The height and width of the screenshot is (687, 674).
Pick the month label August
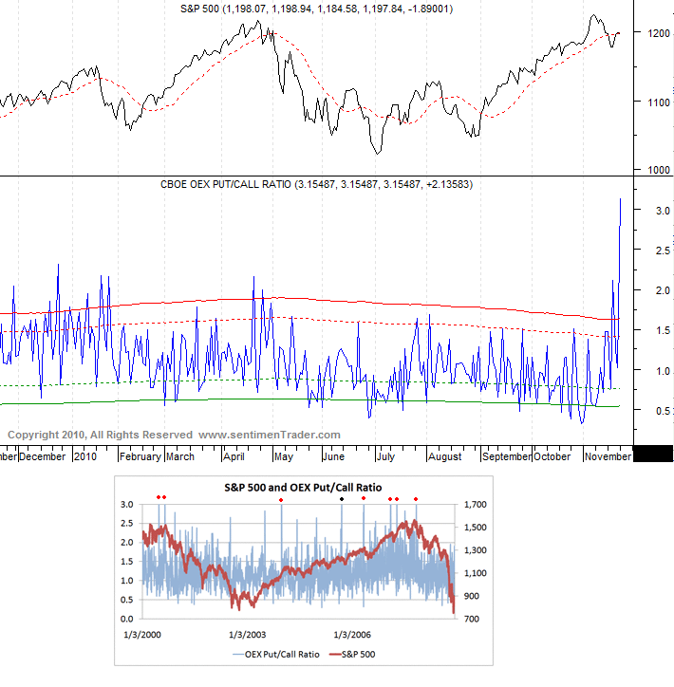point(443,456)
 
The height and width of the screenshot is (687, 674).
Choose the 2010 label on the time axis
point(85,456)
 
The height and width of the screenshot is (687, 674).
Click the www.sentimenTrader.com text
point(269,435)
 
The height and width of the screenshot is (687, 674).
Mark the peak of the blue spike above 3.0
point(621,199)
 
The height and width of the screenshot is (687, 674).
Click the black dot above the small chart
point(343,498)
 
